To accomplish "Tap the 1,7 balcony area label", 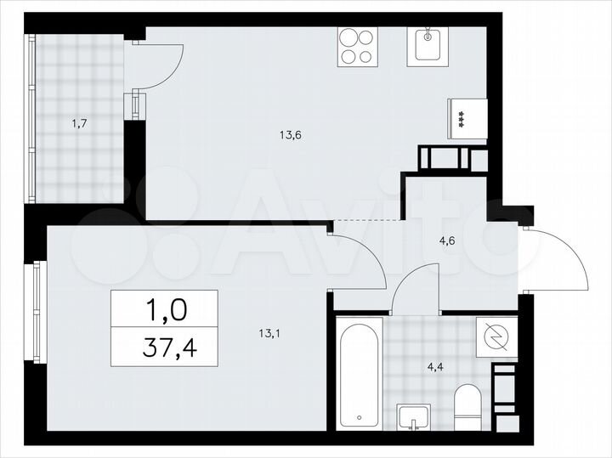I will click(80, 123).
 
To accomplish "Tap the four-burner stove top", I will click(358, 48).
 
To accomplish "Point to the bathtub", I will click(360, 374).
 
